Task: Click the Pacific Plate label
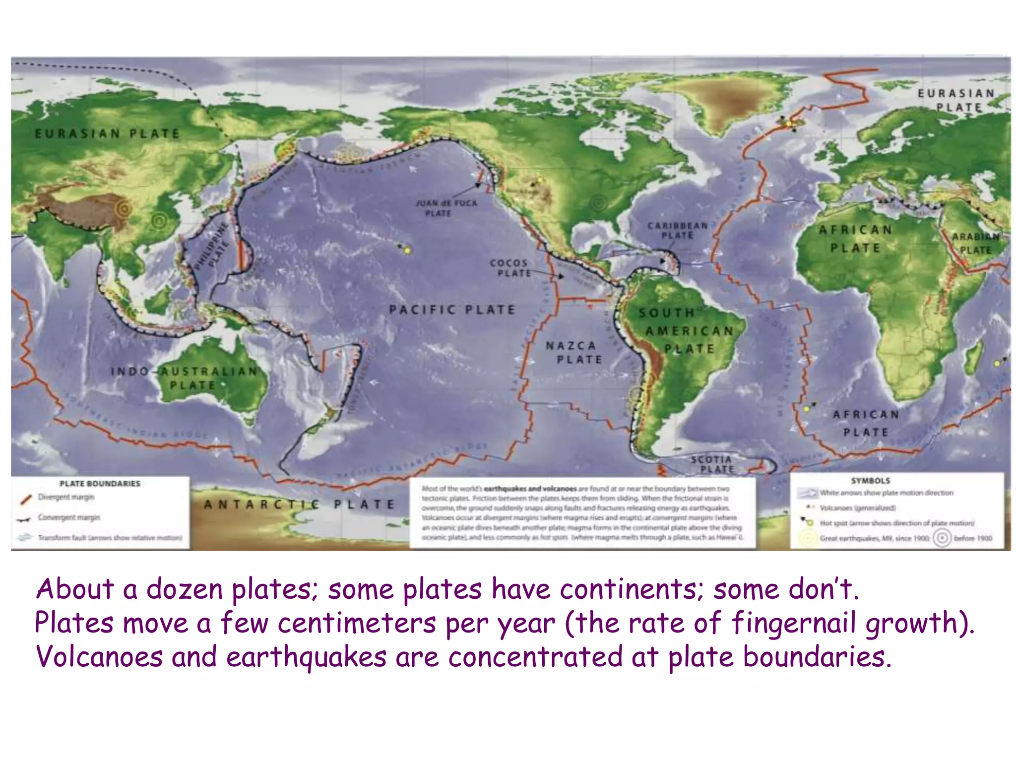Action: point(452,310)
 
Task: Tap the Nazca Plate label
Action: point(574,352)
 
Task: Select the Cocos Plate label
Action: point(509,268)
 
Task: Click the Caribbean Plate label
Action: point(678,231)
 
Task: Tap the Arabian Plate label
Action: point(975,243)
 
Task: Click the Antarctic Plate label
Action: point(300,505)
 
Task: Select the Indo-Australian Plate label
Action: point(185,378)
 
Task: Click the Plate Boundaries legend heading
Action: point(100,484)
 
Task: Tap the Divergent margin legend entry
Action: point(66,497)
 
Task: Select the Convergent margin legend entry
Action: point(69,517)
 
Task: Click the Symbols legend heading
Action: point(871,481)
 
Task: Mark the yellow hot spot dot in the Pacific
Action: point(408,251)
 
